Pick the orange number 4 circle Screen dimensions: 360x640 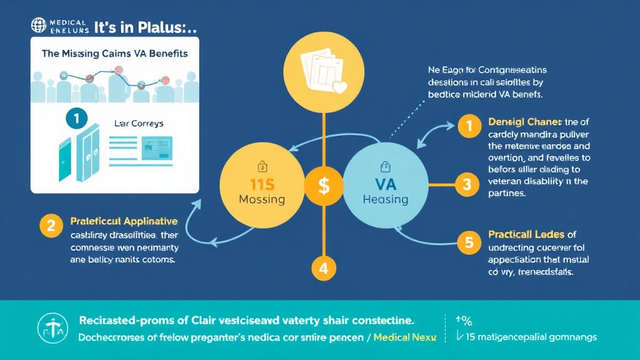point(323,269)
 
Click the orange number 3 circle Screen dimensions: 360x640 point(466,184)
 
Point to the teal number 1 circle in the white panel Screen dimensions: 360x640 point(76,117)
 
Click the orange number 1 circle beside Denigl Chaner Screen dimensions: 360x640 point(466,126)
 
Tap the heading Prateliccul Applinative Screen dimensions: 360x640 point(124,221)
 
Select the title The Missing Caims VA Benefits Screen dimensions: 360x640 point(114,54)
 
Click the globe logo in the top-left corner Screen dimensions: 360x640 point(39,26)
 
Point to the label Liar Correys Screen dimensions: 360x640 point(139,124)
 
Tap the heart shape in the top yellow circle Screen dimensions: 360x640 point(340,87)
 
